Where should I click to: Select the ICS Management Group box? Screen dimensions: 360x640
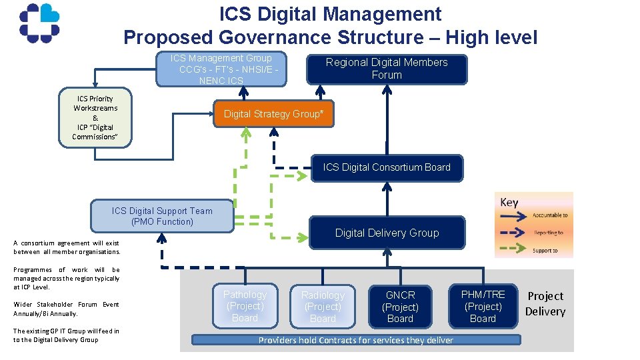click(x=221, y=69)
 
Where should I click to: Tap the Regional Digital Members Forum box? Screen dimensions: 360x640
click(x=387, y=69)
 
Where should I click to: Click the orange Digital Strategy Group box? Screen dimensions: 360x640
click(x=273, y=114)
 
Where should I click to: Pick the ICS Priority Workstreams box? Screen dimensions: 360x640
click(x=95, y=117)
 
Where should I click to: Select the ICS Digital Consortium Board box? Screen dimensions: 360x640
click(x=387, y=167)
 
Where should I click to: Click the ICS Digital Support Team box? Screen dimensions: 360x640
click(x=162, y=216)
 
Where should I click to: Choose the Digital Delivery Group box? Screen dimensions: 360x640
click(x=387, y=233)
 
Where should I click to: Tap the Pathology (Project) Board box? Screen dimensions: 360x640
click(x=245, y=306)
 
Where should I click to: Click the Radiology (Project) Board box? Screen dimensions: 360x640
click(x=323, y=307)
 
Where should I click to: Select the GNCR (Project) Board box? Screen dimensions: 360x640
click(x=401, y=307)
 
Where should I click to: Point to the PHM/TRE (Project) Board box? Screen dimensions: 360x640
click(x=483, y=306)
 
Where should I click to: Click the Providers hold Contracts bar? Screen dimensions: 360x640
click(x=356, y=340)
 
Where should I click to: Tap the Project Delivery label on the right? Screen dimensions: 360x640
click(x=545, y=303)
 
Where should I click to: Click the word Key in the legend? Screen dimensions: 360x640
click(x=509, y=203)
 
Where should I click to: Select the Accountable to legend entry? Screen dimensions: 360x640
click(x=533, y=215)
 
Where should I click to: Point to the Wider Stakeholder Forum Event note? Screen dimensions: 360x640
click(x=66, y=309)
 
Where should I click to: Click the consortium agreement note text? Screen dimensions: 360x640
click(x=66, y=247)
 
